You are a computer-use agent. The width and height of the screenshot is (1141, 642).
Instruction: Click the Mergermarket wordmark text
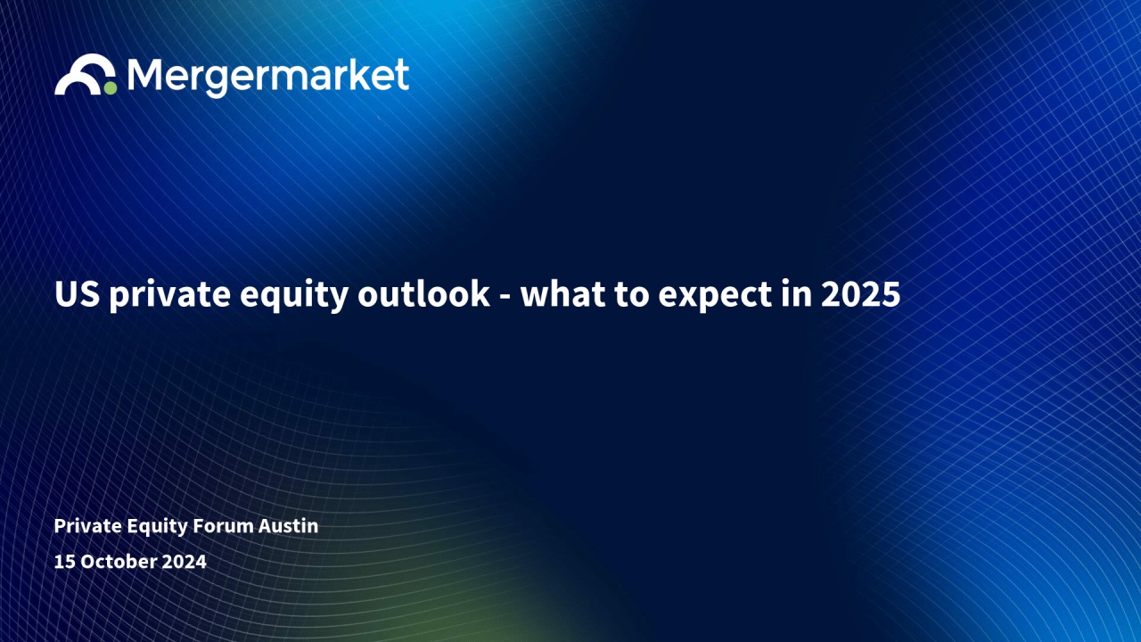coord(268,77)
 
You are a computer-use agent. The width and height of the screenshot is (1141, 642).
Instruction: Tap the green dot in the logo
coord(110,87)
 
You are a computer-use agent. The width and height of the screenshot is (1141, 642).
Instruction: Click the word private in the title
coord(170,295)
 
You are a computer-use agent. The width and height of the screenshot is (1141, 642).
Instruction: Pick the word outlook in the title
coord(423,293)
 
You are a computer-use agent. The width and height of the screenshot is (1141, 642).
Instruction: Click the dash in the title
coord(505,298)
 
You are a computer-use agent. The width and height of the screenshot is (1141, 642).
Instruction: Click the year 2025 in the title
coord(861,294)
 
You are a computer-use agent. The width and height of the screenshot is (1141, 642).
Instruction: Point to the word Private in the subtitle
coord(86,526)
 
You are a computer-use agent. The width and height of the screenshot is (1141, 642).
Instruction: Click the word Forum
coord(223,526)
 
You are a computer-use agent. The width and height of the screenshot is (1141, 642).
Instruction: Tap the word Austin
coord(288,526)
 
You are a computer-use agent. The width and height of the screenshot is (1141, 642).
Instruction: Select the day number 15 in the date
coord(64,562)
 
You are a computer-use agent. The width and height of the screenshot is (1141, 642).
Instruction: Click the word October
coord(119,562)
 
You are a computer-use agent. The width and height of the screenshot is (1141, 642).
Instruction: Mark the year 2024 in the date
coord(184,562)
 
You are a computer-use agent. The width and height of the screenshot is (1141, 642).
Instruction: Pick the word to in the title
coord(632,295)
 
